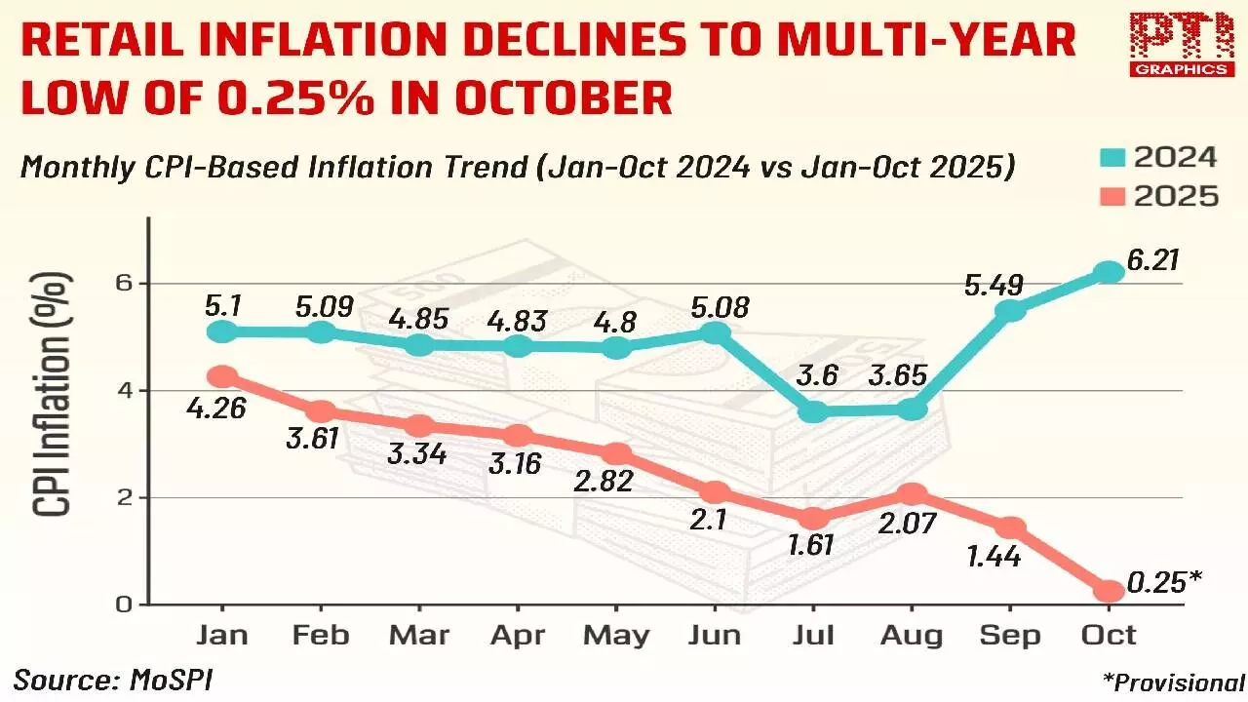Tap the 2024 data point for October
(x=1109, y=272)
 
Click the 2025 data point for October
(x=1109, y=591)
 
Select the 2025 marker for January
(x=222, y=376)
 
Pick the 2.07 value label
(x=908, y=525)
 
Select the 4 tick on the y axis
(x=124, y=391)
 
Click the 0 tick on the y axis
(x=124, y=604)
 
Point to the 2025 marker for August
(x=910, y=495)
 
